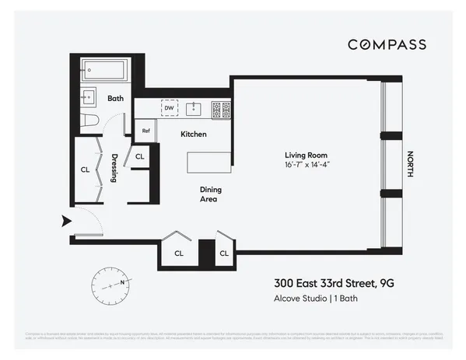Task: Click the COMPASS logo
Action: point(386,45)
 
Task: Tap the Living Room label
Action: point(303,156)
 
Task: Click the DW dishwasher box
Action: point(169,109)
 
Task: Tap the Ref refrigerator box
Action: point(145,131)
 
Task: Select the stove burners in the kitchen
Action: point(221,110)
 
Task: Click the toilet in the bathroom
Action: point(88,121)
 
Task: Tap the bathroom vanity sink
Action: point(88,97)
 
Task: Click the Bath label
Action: point(116,99)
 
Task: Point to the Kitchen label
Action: point(194,135)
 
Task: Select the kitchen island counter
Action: point(208,163)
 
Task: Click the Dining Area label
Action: point(208,194)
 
